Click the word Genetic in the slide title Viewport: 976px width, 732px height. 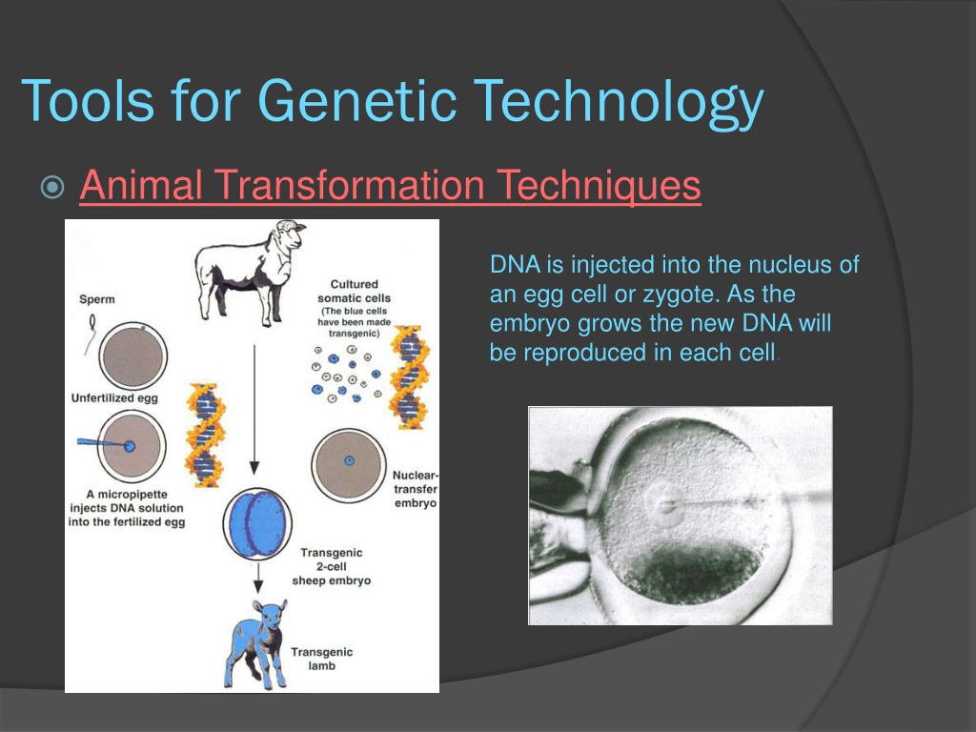tap(357, 100)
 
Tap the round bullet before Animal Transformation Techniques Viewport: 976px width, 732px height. tap(52, 187)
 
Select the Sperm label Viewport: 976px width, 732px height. tap(97, 299)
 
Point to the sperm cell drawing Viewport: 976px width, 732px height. tap(91, 333)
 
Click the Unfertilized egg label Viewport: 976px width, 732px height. tap(114, 397)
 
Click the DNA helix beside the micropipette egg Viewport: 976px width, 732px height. tap(205, 434)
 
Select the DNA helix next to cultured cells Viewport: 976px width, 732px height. tap(409, 377)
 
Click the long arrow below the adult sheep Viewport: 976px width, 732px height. tap(254, 410)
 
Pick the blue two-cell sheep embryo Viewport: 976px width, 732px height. tap(257, 524)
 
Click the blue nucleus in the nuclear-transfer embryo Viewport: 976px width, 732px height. tap(349, 460)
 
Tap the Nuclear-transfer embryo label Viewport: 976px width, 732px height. tap(416, 489)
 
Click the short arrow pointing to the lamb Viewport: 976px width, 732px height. tap(258, 579)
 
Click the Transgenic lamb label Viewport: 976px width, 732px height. tap(321, 659)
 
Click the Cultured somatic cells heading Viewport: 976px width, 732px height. tap(355, 291)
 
